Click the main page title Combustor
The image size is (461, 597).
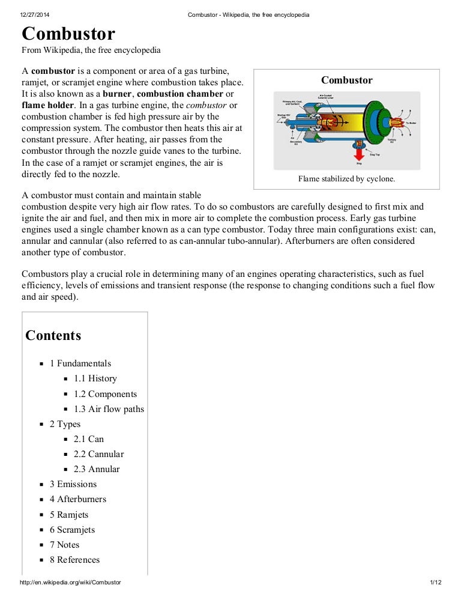click(x=68, y=34)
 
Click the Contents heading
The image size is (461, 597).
click(x=53, y=336)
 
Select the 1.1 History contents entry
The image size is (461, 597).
click(x=95, y=378)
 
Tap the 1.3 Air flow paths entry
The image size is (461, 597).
click(x=109, y=409)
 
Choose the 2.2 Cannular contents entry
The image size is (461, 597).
click(x=98, y=454)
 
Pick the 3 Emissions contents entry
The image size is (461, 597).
click(x=73, y=484)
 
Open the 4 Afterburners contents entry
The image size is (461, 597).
click(x=77, y=499)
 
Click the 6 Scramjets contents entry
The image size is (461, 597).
click(x=72, y=530)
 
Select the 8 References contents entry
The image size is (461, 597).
click(x=74, y=560)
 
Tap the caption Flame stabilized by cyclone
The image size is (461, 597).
click(x=346, y=179)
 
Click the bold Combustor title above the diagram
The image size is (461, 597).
click(x=346, y=80)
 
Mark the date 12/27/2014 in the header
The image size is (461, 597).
click(x=34, y=15)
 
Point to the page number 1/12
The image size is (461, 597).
click(x=436, y=583)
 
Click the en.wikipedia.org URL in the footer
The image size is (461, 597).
click(x=70, y=583)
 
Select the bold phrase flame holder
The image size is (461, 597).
click(x=44, y=105)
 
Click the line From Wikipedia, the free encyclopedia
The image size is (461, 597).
click(x=91, y=50)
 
